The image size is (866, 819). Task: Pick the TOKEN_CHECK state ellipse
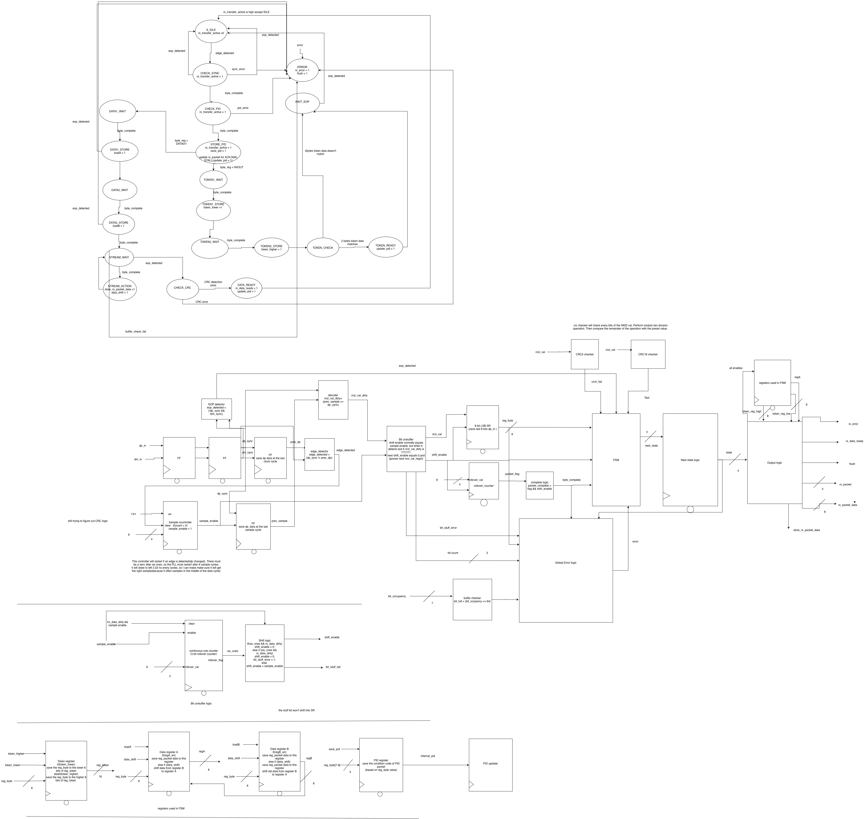pyautogui.click(x=323, y=248)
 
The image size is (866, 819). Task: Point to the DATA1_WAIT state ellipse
pyautogui.click(x=118, y=111)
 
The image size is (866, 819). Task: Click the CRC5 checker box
pyautogui.click(x=584, y=354)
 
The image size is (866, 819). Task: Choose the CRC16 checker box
pyautogui.click(x=648, y=354)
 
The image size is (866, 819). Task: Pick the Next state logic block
pyautogui.click(x=690, y=460)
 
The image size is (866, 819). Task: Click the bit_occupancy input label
pyautogui.click(x=397, y=596)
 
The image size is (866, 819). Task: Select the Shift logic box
pyautogui.click(x=264, y=653)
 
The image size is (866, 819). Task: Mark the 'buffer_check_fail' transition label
pyautogui.click(x=136, y=332)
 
